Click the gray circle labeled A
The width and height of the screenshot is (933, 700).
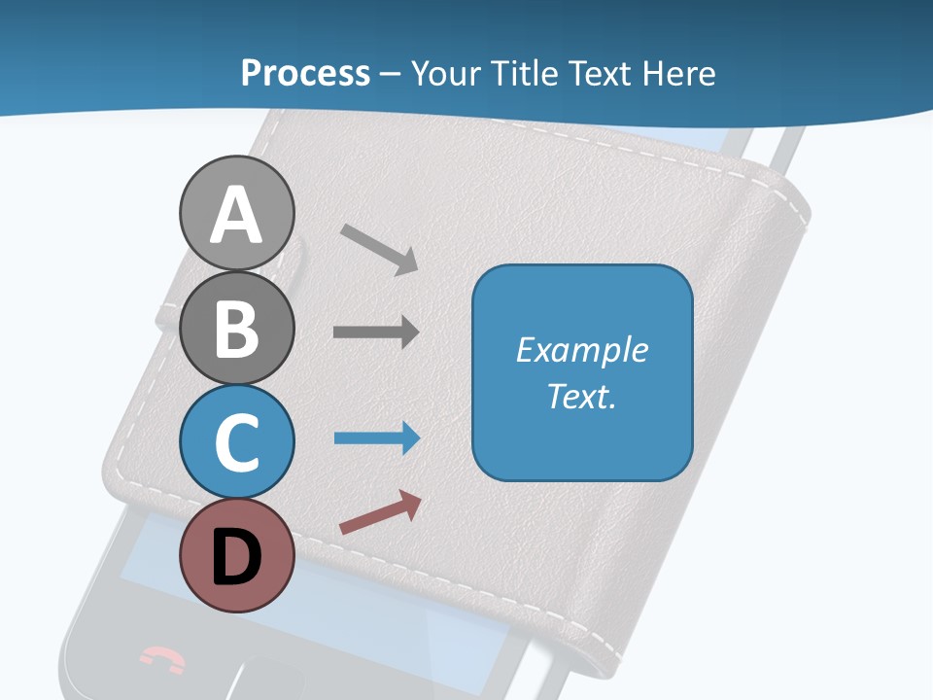236,213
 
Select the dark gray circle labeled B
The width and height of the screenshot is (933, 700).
236,328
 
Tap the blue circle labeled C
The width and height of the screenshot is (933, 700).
236,441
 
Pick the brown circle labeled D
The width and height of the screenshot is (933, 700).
236,555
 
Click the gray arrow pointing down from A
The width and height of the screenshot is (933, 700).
379,248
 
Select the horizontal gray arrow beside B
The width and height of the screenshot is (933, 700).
376,332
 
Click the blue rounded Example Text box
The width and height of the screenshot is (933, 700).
582,373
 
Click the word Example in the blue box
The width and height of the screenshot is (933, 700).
582,350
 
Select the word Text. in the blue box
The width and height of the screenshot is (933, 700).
582,397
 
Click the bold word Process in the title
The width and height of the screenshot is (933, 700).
305,73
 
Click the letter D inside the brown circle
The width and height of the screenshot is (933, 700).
236,557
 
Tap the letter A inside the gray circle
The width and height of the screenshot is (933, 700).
236,215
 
